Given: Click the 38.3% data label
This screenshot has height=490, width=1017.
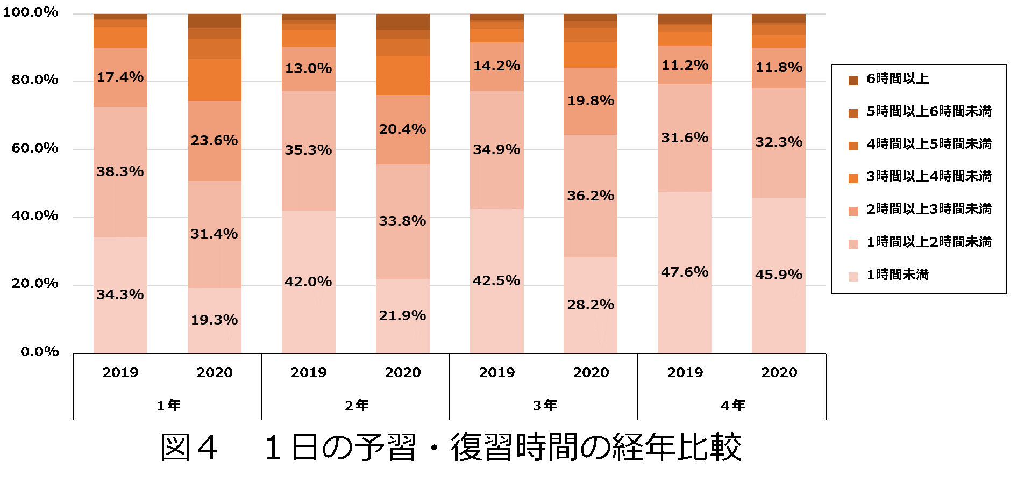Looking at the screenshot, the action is [120, 171].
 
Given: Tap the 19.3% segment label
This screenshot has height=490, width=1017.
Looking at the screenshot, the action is [214, 320].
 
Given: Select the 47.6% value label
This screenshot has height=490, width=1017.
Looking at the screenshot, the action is [685, 272].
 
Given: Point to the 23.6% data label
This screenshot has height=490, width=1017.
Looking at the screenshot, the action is [214, 140].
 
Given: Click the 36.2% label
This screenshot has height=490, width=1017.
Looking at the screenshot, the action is [591, 196].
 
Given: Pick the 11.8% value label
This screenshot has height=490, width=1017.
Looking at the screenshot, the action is [779, 67].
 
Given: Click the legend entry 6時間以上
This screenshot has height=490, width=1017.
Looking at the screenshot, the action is [898, 79].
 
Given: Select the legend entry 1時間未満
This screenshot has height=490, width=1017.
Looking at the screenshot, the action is [898, 275].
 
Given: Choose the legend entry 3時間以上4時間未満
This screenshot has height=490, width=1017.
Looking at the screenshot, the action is [929, 177].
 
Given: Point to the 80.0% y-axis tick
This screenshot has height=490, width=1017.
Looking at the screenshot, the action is [35, 80].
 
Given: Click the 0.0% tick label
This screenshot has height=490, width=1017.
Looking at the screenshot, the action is [40, 352].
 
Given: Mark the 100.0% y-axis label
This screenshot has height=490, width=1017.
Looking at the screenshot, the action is [31, 12].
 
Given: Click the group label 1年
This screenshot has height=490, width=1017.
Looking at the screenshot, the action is [168, 405].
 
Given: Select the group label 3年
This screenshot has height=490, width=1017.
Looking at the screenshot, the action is [545, 405].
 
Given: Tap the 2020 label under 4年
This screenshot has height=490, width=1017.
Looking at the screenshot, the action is [779, 372].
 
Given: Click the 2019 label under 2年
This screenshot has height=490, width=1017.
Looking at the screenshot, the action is [308, 372].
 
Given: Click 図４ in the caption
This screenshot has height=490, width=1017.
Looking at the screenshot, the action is [189, 447].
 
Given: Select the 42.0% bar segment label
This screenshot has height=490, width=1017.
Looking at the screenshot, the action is [308, 282].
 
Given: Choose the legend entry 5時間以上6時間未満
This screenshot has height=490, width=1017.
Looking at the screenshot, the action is [929, 112].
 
